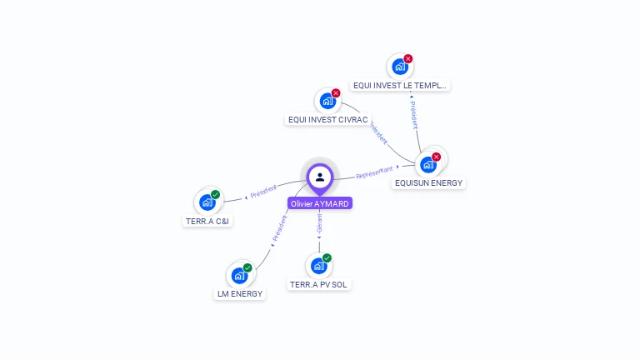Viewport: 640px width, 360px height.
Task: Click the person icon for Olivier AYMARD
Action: coord(320,177)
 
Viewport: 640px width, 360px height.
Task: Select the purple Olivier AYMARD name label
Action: coord(320,203)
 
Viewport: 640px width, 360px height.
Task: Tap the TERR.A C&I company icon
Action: coord(207,202)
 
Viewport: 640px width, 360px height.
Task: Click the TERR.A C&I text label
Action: coord(207,222)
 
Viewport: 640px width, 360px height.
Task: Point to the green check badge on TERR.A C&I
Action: coord(215,195)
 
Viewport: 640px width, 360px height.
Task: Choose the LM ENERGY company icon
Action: coord(239,275)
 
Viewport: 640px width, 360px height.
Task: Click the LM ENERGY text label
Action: coord(240,293)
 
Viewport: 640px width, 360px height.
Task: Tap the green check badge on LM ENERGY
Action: coord(247,267)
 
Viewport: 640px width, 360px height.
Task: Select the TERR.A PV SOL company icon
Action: coord(318,266)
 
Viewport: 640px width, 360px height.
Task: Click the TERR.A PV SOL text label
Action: coord(319,284)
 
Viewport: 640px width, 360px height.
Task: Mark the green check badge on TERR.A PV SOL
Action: coord(327,258)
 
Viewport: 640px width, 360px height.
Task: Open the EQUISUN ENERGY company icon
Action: coord(429,164)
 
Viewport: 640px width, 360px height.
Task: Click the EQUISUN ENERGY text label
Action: coord(428,182)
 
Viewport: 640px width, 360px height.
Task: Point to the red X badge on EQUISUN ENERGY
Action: coord(437,157)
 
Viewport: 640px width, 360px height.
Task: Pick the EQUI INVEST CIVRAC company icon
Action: coord(327,101)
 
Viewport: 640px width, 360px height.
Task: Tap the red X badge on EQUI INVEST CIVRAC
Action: coord(336,93)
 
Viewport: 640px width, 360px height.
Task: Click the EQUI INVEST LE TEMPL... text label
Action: coord(400,85)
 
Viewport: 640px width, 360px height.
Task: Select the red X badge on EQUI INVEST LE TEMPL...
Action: coord(408,59)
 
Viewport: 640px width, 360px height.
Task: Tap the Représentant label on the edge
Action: coord(374,172)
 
